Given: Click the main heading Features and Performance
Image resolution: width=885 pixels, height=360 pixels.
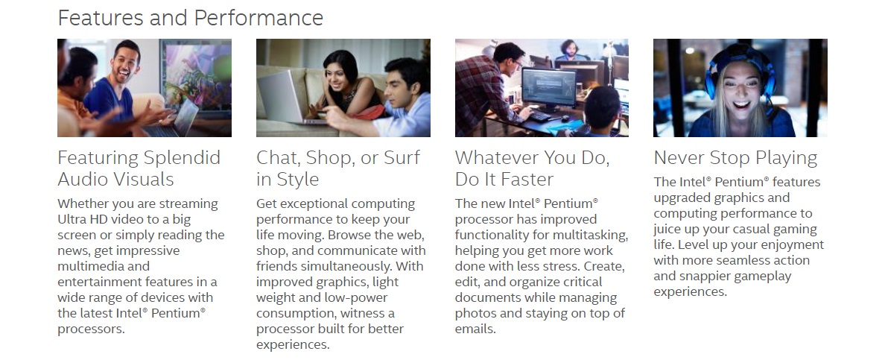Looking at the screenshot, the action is coord(190,18).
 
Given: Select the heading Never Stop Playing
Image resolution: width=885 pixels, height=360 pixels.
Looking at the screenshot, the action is coord(735,158).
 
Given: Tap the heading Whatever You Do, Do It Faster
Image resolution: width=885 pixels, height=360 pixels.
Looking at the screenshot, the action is coord(532,168).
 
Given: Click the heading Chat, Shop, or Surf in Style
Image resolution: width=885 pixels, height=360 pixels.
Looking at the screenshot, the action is coord(338,168).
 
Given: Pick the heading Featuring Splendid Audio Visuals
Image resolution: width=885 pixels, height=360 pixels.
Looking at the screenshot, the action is coord(139,168).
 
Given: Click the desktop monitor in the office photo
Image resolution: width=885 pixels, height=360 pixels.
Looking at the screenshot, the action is coord(548,89).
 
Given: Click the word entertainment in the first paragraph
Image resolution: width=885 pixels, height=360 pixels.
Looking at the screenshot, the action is coord(94,282).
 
